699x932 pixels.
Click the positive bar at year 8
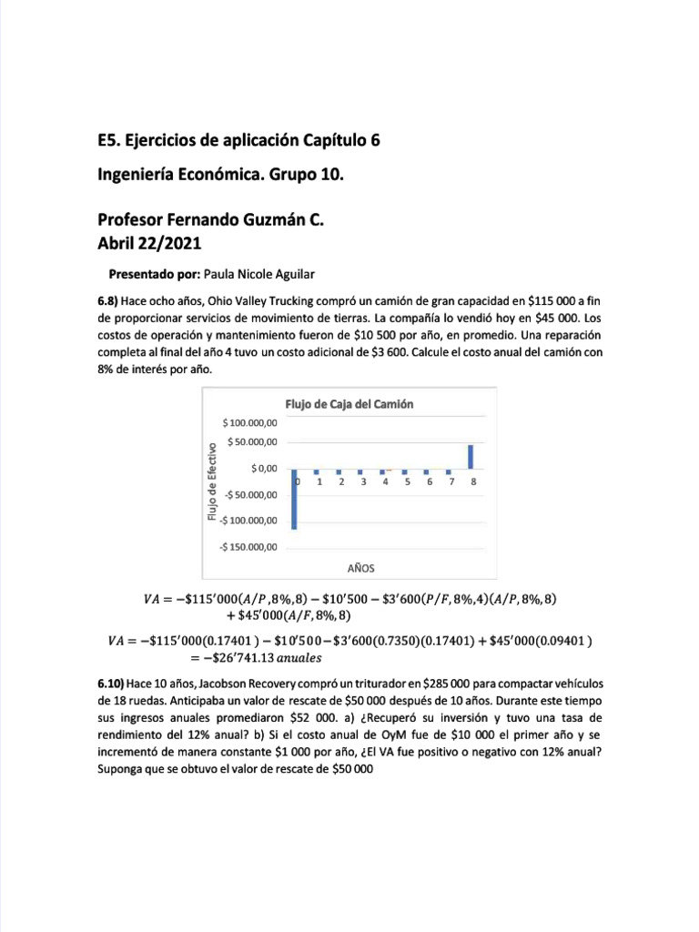pyautogui.click(x=471, y=456)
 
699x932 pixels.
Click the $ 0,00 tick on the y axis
pyautogui.click(x=264, y=468)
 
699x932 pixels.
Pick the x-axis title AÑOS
pyautogui.click(x=361, y=567)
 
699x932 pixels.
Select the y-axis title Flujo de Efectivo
pyautogui.click(x=212, y=481)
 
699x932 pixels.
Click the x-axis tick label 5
pyautogui.click(x=407, y=482)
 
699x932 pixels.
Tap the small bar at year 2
pyautogui.click(x=339, y=471)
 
